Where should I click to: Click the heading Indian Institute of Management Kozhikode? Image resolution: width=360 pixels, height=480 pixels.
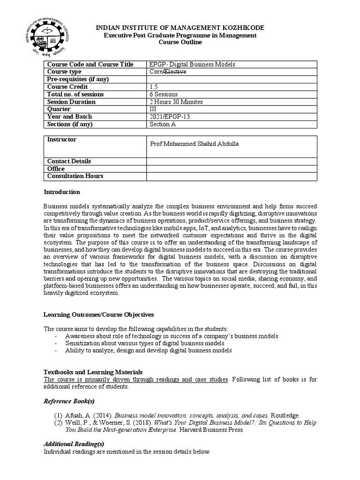[180, 29]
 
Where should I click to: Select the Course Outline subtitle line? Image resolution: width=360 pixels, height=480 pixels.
[180, 42]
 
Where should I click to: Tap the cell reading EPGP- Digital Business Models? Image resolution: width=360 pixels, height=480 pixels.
[192, 64]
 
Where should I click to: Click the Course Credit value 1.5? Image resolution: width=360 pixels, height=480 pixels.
[154, 87]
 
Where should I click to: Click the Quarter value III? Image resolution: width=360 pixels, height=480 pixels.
[153, 109]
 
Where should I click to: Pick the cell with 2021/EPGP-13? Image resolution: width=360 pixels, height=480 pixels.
[168, 117]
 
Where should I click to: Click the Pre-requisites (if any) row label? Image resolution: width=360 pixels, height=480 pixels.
[78, 79]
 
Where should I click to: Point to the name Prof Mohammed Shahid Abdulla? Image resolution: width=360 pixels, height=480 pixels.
[194, 144]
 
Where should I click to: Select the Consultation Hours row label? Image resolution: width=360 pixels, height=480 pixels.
[75, 176]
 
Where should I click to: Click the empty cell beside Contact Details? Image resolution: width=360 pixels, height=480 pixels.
[232, 161]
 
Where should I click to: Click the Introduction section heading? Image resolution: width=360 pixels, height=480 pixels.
[62, 192]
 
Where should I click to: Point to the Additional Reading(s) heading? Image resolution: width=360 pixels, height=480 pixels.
[74, 444]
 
